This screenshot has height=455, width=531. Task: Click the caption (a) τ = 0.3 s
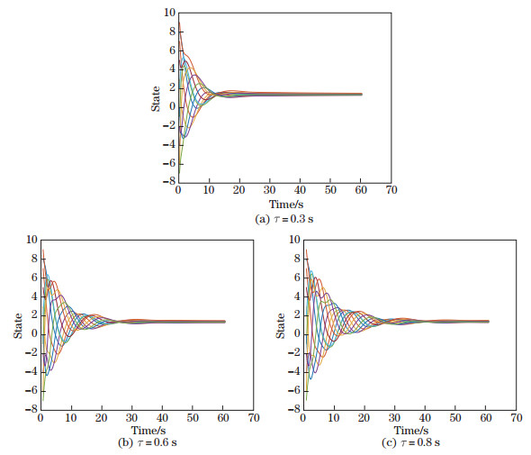click(x=284, y=218)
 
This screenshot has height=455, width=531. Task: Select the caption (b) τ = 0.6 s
click(x=147, y=443)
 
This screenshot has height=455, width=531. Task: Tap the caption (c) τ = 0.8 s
click(x=409, y=443)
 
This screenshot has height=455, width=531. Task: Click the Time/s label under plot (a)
click(x=285, y=205)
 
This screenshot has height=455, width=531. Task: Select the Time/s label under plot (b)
click(x=147, y=431)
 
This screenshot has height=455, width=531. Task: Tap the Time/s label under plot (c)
click(x=409, y=431)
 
